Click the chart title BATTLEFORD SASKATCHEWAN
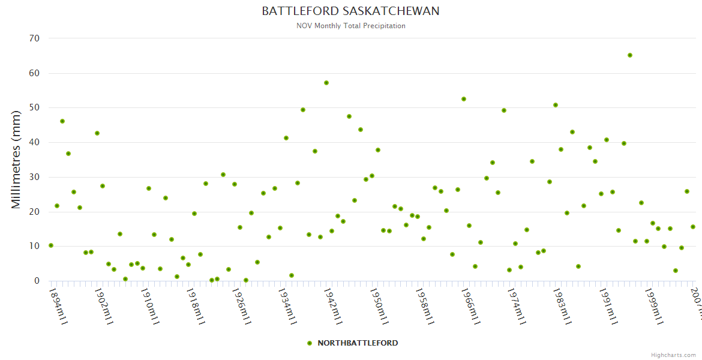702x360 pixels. click(350, 11)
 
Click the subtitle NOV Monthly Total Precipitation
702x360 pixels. click(350, 26)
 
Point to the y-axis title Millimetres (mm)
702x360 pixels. click(16, 159)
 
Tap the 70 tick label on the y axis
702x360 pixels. click(34, 38)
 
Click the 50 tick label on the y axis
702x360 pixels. click(34, 108)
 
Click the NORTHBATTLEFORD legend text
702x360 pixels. click(358, 343)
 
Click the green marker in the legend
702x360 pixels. click(310, 343)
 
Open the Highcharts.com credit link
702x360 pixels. click(673, 355)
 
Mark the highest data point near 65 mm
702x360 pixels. click(630, 55)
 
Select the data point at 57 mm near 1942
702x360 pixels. click(326, 83)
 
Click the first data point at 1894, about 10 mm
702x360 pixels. click(51, 245)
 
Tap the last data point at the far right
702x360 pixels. click(693, 227)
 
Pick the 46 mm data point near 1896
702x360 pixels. click(62, 121)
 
